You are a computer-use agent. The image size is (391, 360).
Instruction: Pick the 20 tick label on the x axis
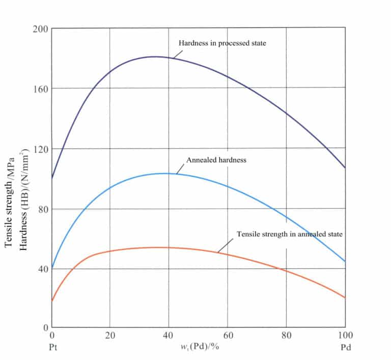pyautogui.click(x=110, y=336)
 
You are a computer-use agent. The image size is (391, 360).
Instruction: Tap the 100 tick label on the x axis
pyautogui.click(x=345, y=336)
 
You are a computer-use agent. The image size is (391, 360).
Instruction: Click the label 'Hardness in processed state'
pyautogui.click(x=222, y=43)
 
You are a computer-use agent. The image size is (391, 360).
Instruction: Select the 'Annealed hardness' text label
pyautogui.click(x=216, y=160)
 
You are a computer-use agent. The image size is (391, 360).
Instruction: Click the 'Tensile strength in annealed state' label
pyautogui.click(x=290, y=234)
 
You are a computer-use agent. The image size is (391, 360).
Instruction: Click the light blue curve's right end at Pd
pyautogui.click(x=345, y=261)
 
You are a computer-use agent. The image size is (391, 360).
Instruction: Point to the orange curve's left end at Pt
pyautogui.click(x=52, y=300)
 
